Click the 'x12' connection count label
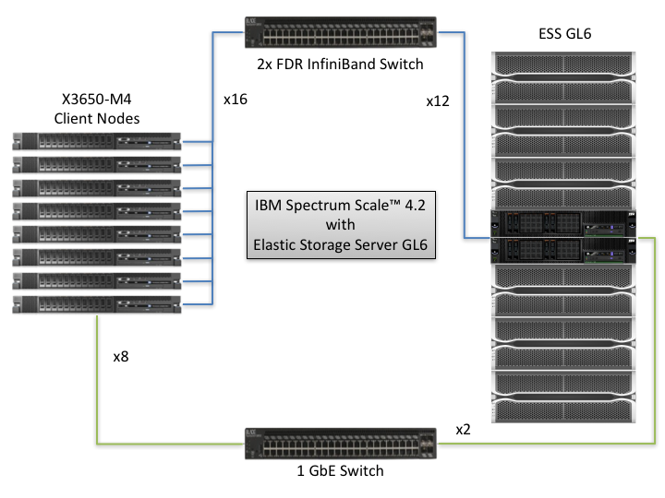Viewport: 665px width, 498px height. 438,102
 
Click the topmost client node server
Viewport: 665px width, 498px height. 97,142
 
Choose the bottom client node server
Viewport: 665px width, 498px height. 97,303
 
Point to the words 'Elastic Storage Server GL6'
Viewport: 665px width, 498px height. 341,244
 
